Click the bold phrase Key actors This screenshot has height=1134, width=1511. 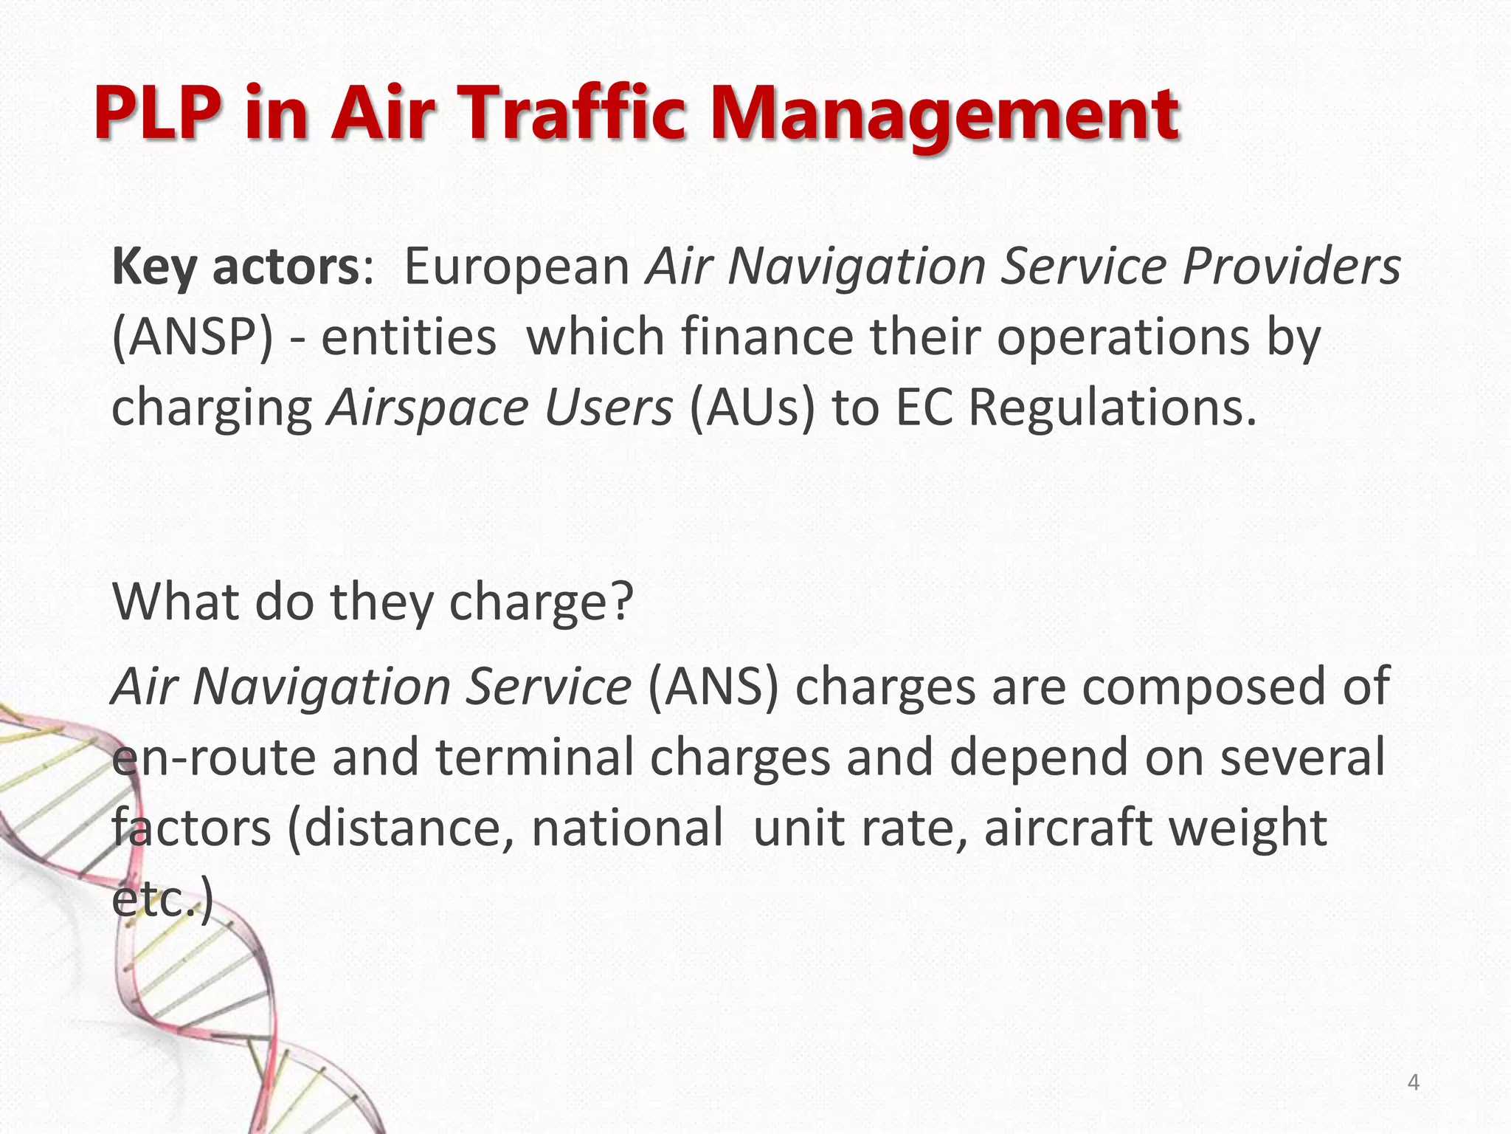[235, 267]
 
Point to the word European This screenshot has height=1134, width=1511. [516, 268]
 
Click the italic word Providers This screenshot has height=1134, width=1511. [1291, 267]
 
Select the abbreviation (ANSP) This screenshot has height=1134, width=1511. [192, 337]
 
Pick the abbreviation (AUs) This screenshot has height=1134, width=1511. [753, 408]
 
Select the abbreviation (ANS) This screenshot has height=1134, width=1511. [713, 687]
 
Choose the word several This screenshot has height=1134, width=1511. [1302, 758]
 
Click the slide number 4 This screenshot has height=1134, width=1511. [1413, 1082]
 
